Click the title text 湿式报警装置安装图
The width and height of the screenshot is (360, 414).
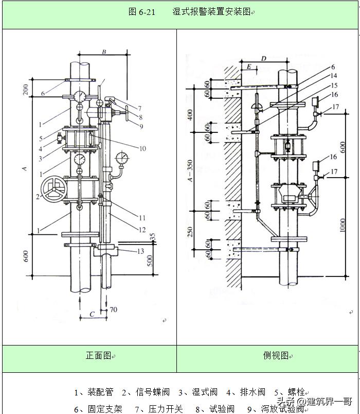(x=211, y=12)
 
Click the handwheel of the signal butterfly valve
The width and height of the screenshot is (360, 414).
(x=54, y=190)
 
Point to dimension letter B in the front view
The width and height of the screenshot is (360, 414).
(x=103, y=52)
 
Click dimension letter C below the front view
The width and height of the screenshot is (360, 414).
(x=92, y=314)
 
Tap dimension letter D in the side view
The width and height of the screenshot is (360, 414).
(x=263, y=59)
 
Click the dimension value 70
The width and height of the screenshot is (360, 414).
(x=113, y=309)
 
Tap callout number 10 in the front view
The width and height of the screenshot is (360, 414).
(x=142, y=149)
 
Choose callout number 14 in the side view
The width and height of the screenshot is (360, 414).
(x=334, y=76)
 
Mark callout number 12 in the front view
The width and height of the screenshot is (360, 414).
(x=142, y=230)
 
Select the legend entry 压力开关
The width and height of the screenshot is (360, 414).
(x=166, y=409)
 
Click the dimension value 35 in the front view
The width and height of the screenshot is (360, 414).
(x=152, y=237)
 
